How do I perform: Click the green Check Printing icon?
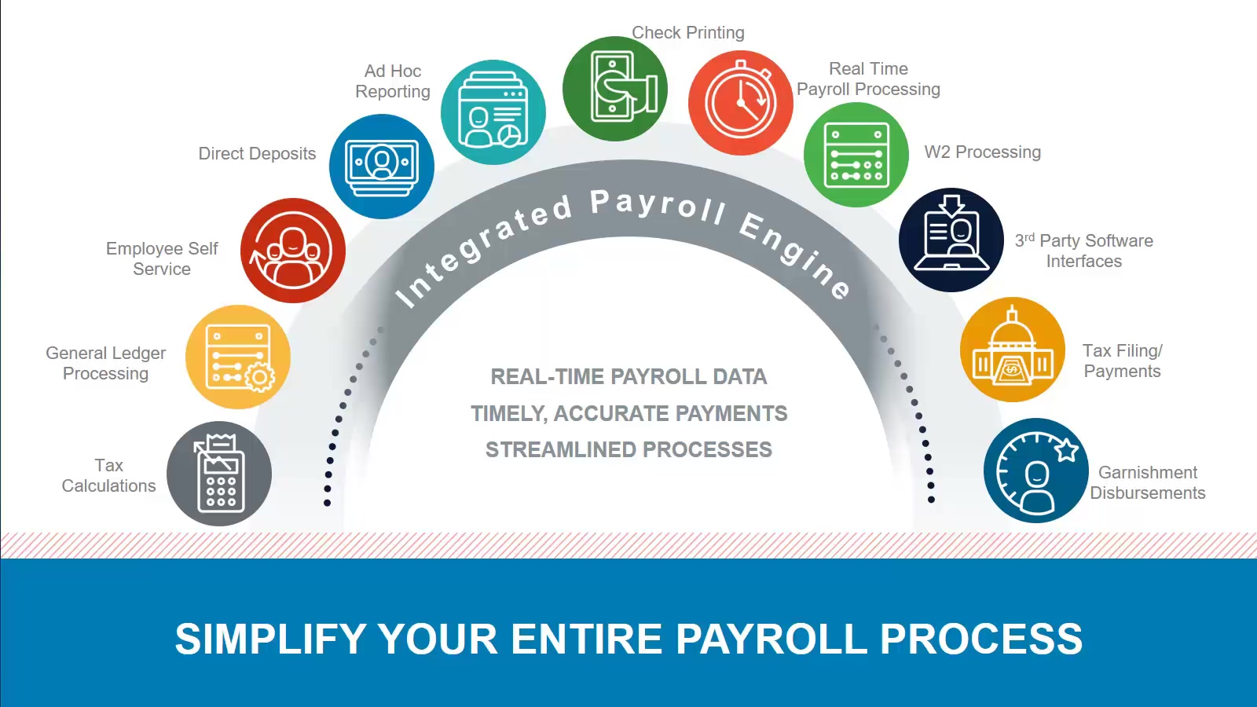coord(615,89)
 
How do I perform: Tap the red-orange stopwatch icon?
coord(741,103)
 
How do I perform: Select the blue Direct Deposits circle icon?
coord(382,167)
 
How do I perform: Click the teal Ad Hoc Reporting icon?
coord(493,112)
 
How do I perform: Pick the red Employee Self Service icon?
coord(293,251)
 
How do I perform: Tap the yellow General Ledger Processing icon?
coord(238,357)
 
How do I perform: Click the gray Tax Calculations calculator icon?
coord(219,474)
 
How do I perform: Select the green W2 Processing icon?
coord(856,155)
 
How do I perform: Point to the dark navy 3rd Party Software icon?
coord(951,240)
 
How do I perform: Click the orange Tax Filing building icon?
coord(1013,350)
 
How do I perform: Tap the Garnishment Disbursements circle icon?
coord(1036,471)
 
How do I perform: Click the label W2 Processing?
coord(982,152)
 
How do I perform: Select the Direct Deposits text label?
coord(257,154)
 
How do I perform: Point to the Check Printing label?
coord(688,33)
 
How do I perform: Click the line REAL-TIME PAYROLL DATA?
coord(628,377)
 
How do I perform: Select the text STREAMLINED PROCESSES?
coord(628,450)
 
